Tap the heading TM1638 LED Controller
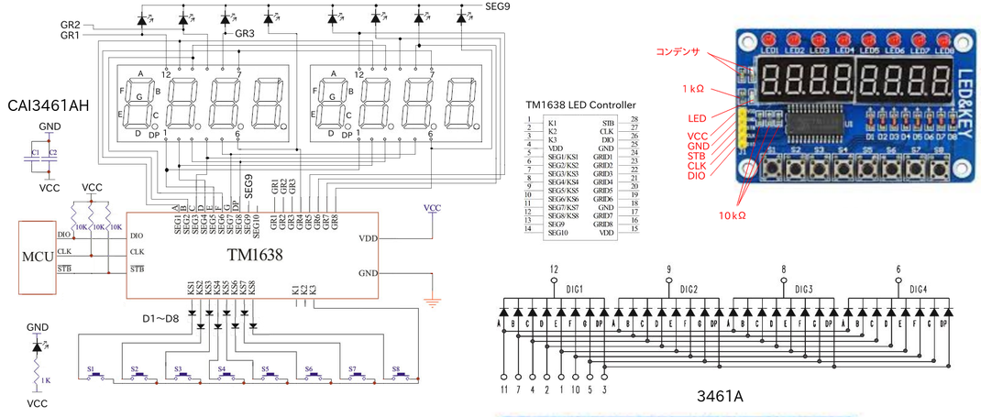click(x=580, y=105)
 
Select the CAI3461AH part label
click(x=49, y=106)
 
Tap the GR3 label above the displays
click(x=245, y=34)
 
